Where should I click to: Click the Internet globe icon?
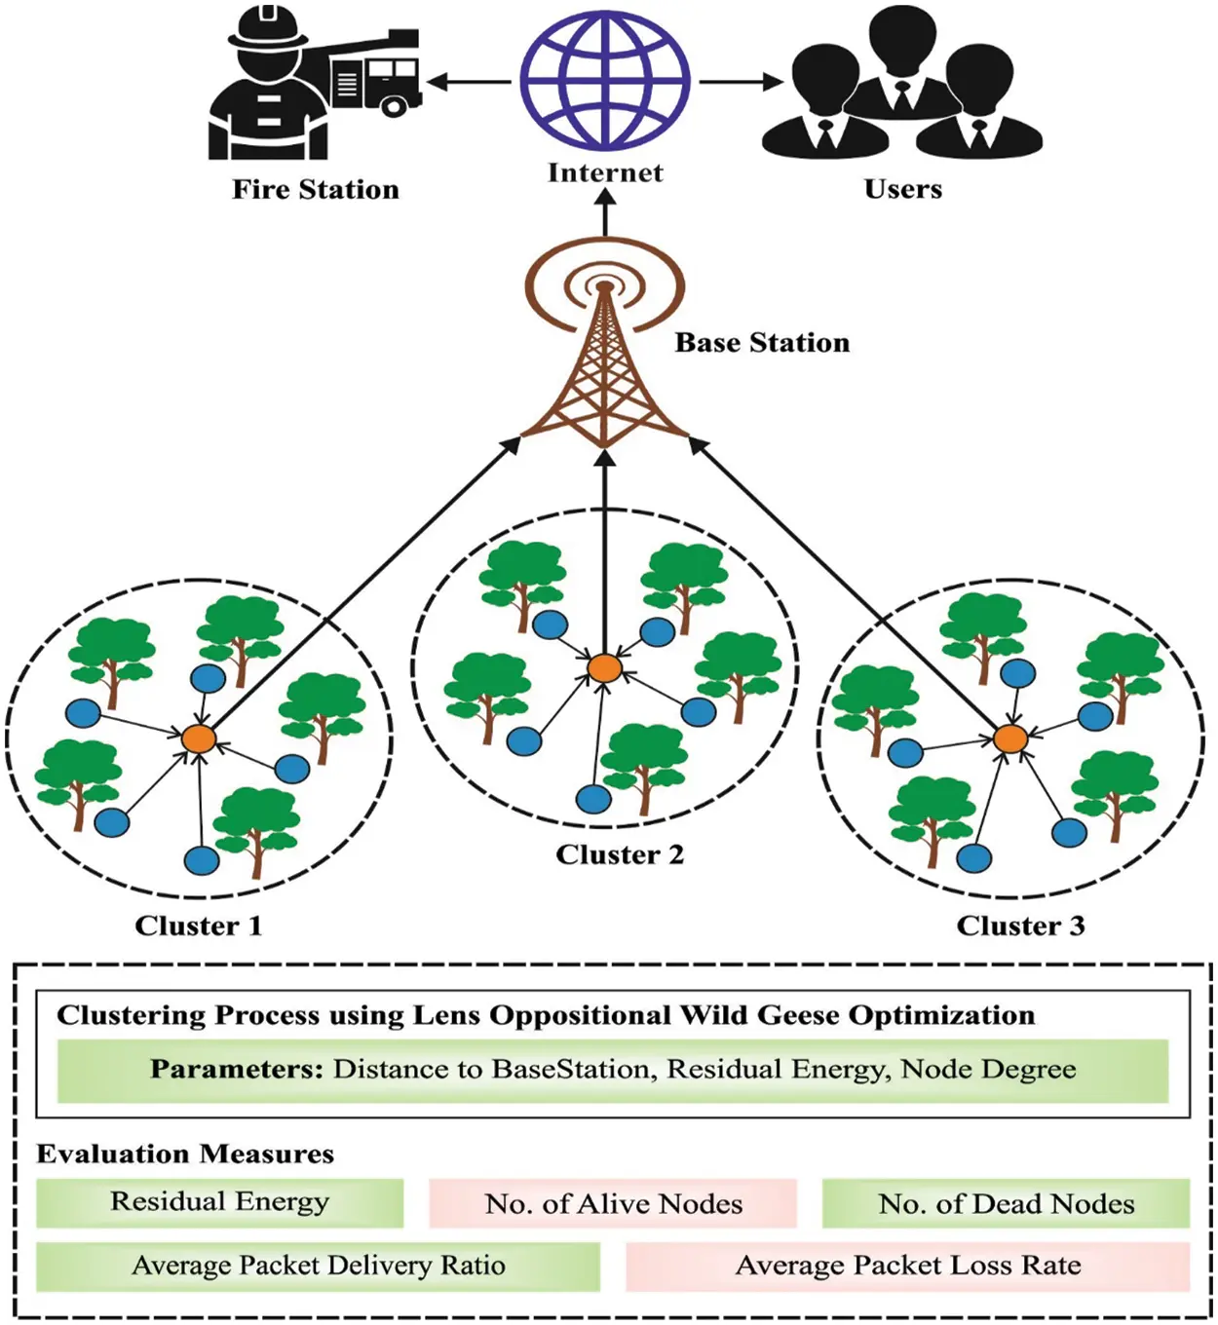coord(604,80)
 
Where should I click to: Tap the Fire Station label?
coord(315,189)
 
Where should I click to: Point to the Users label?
coord(902,189)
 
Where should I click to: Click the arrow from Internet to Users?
coord(741,82)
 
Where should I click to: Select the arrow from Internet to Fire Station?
coord(470,82)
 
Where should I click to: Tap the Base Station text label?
coord(762,343)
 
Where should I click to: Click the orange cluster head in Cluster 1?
coord(199,738)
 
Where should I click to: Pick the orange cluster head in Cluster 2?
coord(604,668)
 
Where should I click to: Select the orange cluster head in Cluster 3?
coord(1010,739)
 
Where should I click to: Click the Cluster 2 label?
coord(620,855)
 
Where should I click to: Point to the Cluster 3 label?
coord(1020,926)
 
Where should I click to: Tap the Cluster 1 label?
coord(199,926)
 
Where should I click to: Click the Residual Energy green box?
coord(219,1202)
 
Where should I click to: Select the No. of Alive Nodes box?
coord(613,1204)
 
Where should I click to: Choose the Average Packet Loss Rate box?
coord(907,1266)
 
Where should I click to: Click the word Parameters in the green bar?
coord(236,1070)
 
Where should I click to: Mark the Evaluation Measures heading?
coord(185,1155)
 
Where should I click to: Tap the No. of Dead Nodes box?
coord(1006,1204)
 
